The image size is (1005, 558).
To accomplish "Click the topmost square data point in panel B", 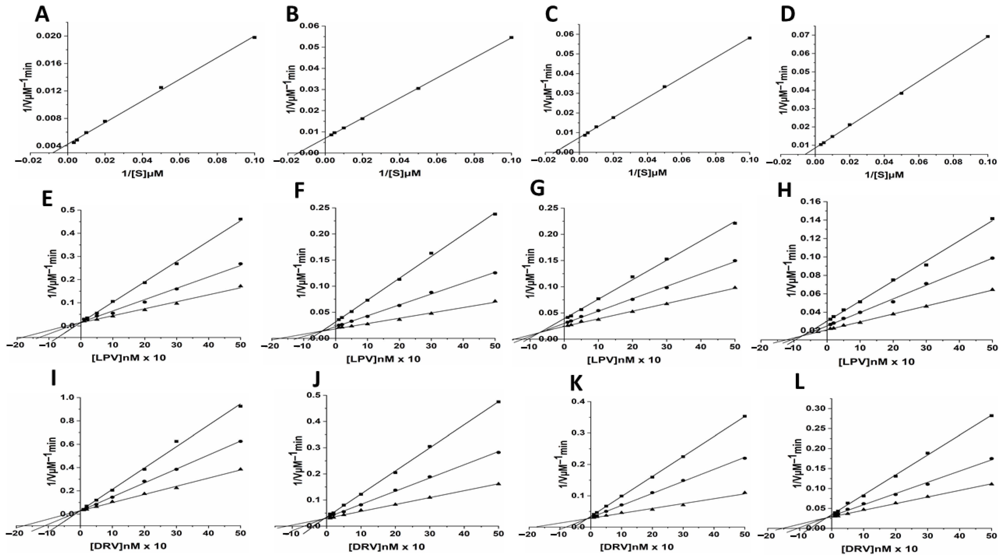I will [511, 37].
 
